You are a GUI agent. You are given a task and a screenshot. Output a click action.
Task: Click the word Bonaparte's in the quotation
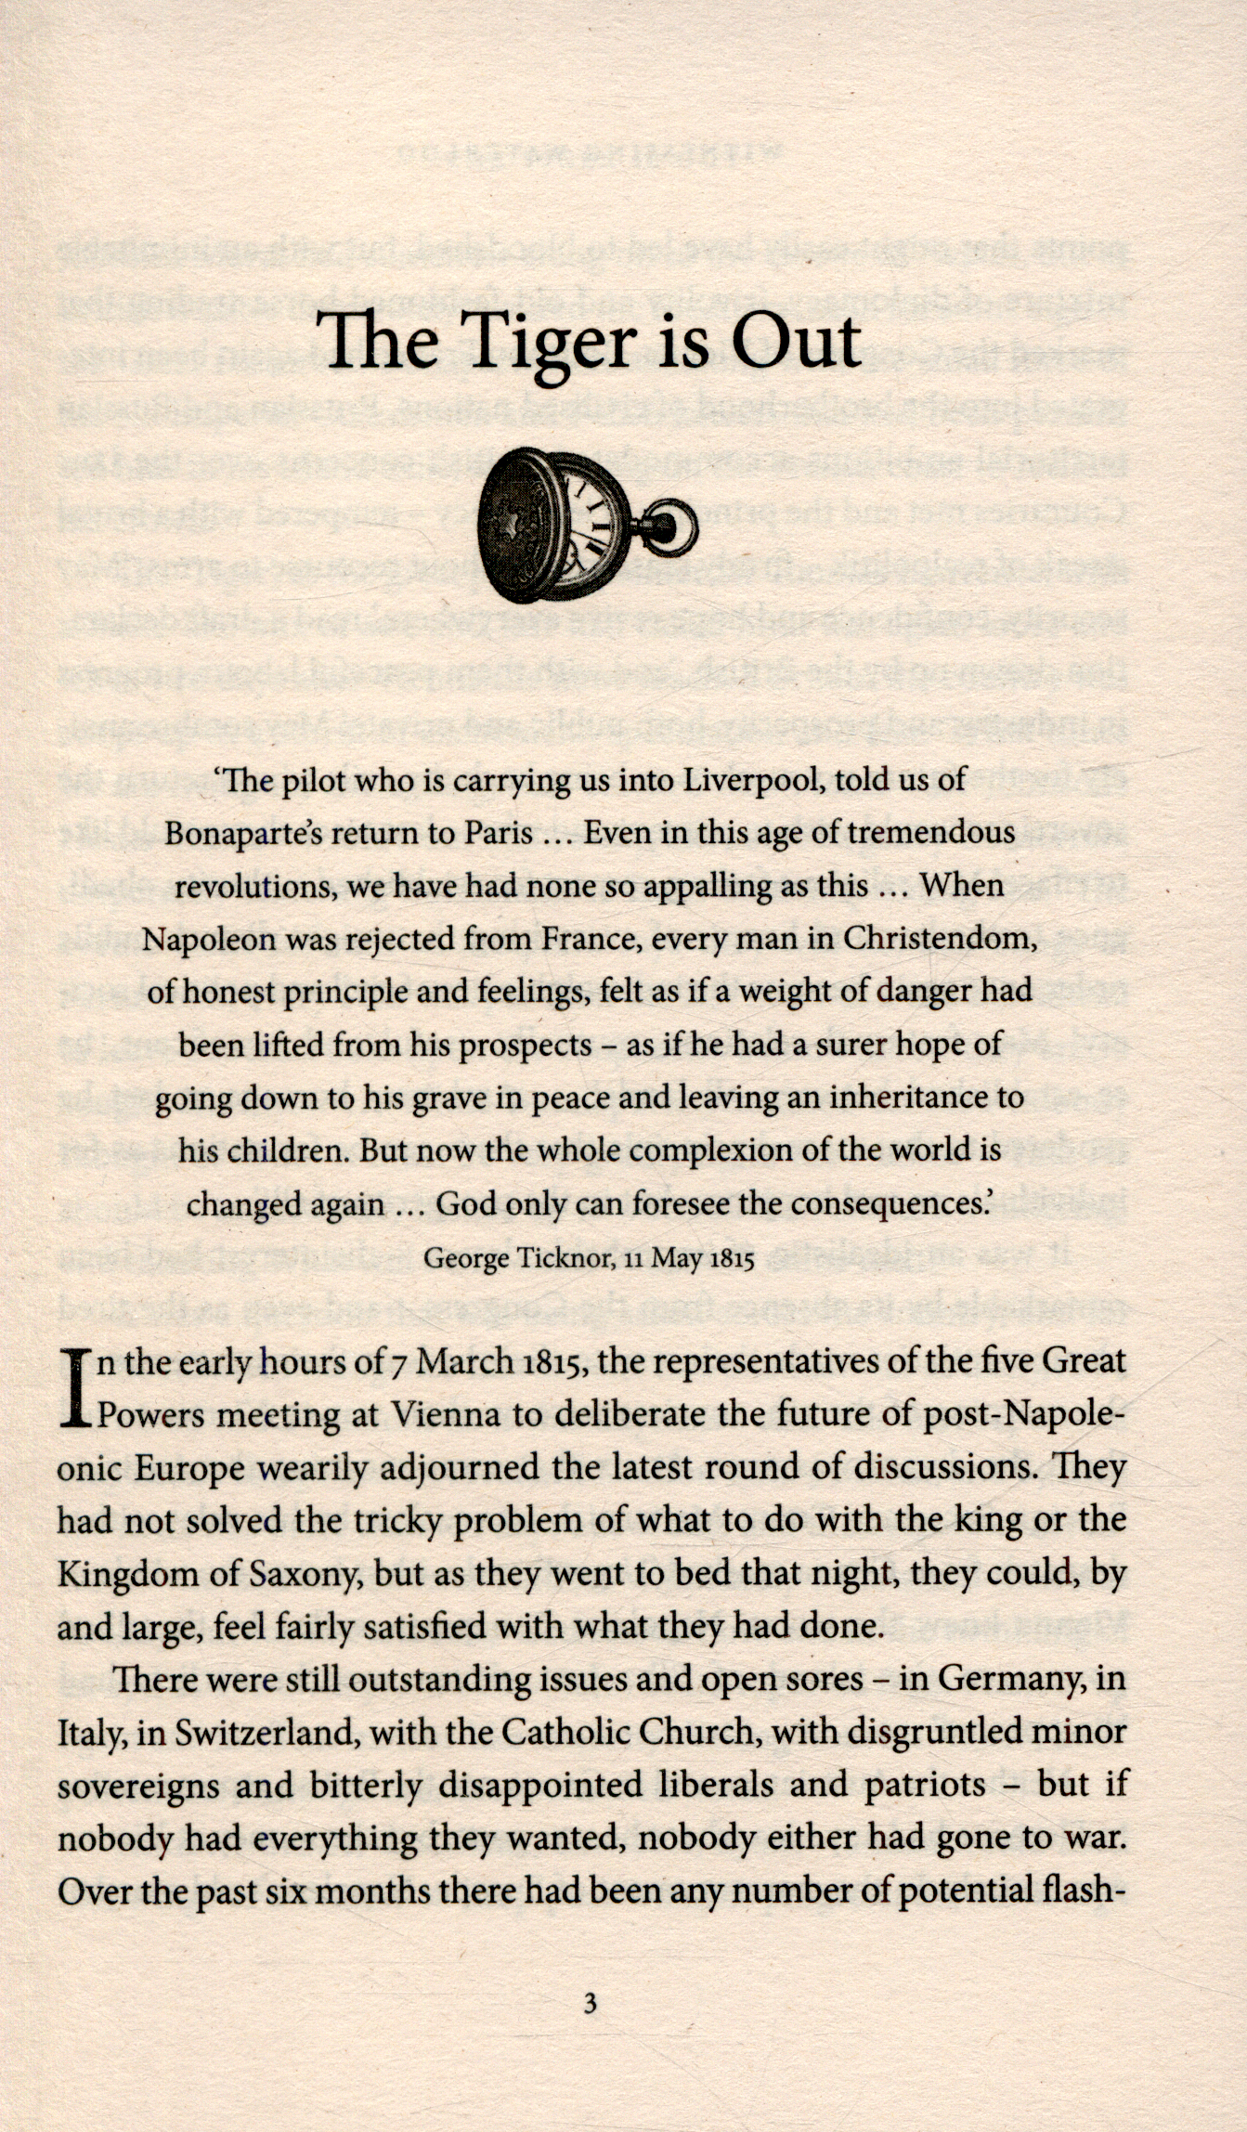(243, 832)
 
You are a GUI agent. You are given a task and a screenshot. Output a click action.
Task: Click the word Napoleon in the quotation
(208, 940)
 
